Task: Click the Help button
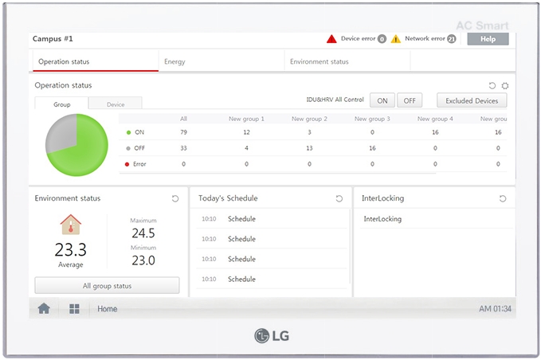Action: click(x=488, y=39)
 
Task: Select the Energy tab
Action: click(x=174, y=61)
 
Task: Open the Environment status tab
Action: click(x=319, y=61)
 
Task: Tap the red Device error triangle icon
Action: click(x=331, y=38)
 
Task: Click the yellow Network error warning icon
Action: click(x=396, y=38)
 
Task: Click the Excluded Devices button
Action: click(x=472, y=100)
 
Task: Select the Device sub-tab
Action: click(x=116, y=104)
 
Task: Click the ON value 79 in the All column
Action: click(x=183, y=132)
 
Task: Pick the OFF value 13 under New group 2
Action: click(x=309, y=148)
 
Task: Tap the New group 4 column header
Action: click(x=435, y=119)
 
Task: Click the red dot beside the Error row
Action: click(x=128, y=164)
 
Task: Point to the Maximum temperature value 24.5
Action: click(x=143, y=233)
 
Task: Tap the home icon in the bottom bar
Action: click(x=44, y=309)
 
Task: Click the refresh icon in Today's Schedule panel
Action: click(x=339, y=198)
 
